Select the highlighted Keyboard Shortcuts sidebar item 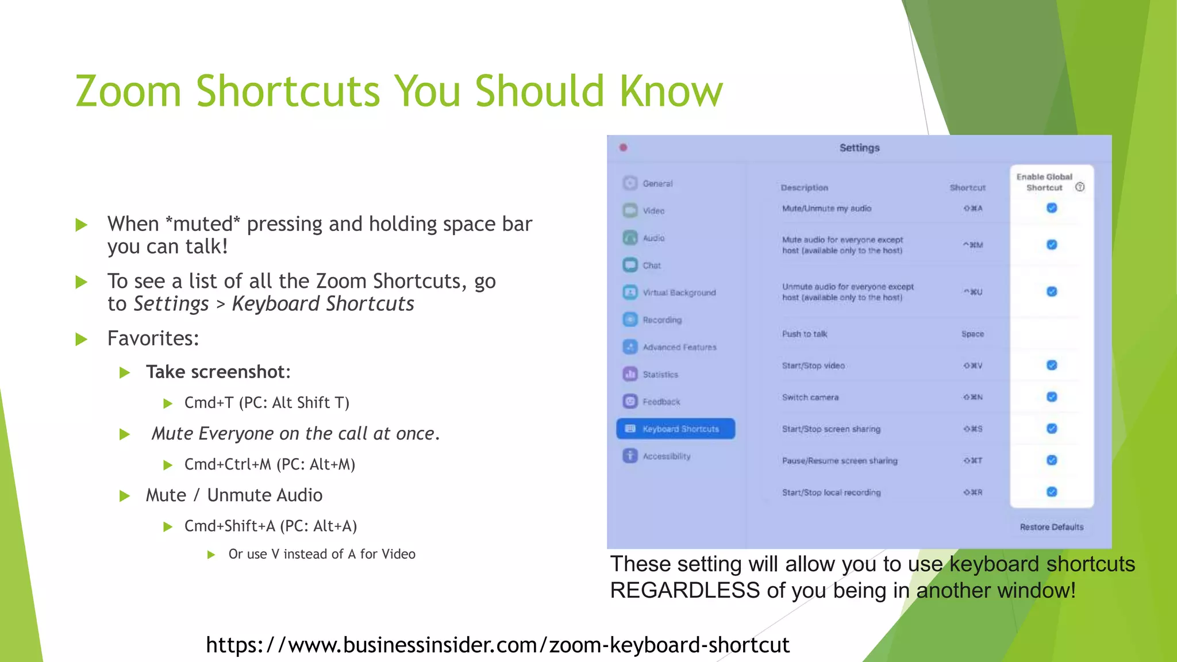(x=675, y=429)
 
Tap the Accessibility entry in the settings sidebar (x=666, y=456)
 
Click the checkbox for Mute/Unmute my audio (x=1052, y=208)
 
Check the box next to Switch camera (x=1052, y=397)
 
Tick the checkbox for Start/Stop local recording (x=1052, y=492)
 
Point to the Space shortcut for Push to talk (x=972, y=334)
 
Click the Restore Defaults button (x=1051, y=527)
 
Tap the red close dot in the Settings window (x=624, y=148)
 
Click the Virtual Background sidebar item (x=679, y=292)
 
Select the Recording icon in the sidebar (x=630, y=320)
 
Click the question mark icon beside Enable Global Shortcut (x=1080, y=187)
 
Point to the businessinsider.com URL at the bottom (x=498, y=645)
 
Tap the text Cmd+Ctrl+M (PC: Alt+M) (x=270, y=464)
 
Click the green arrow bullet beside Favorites (x=82, y=339)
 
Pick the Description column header (x=804, y=188)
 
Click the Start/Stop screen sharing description (x=831, y=429)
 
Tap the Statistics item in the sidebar (x=660, y=375)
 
